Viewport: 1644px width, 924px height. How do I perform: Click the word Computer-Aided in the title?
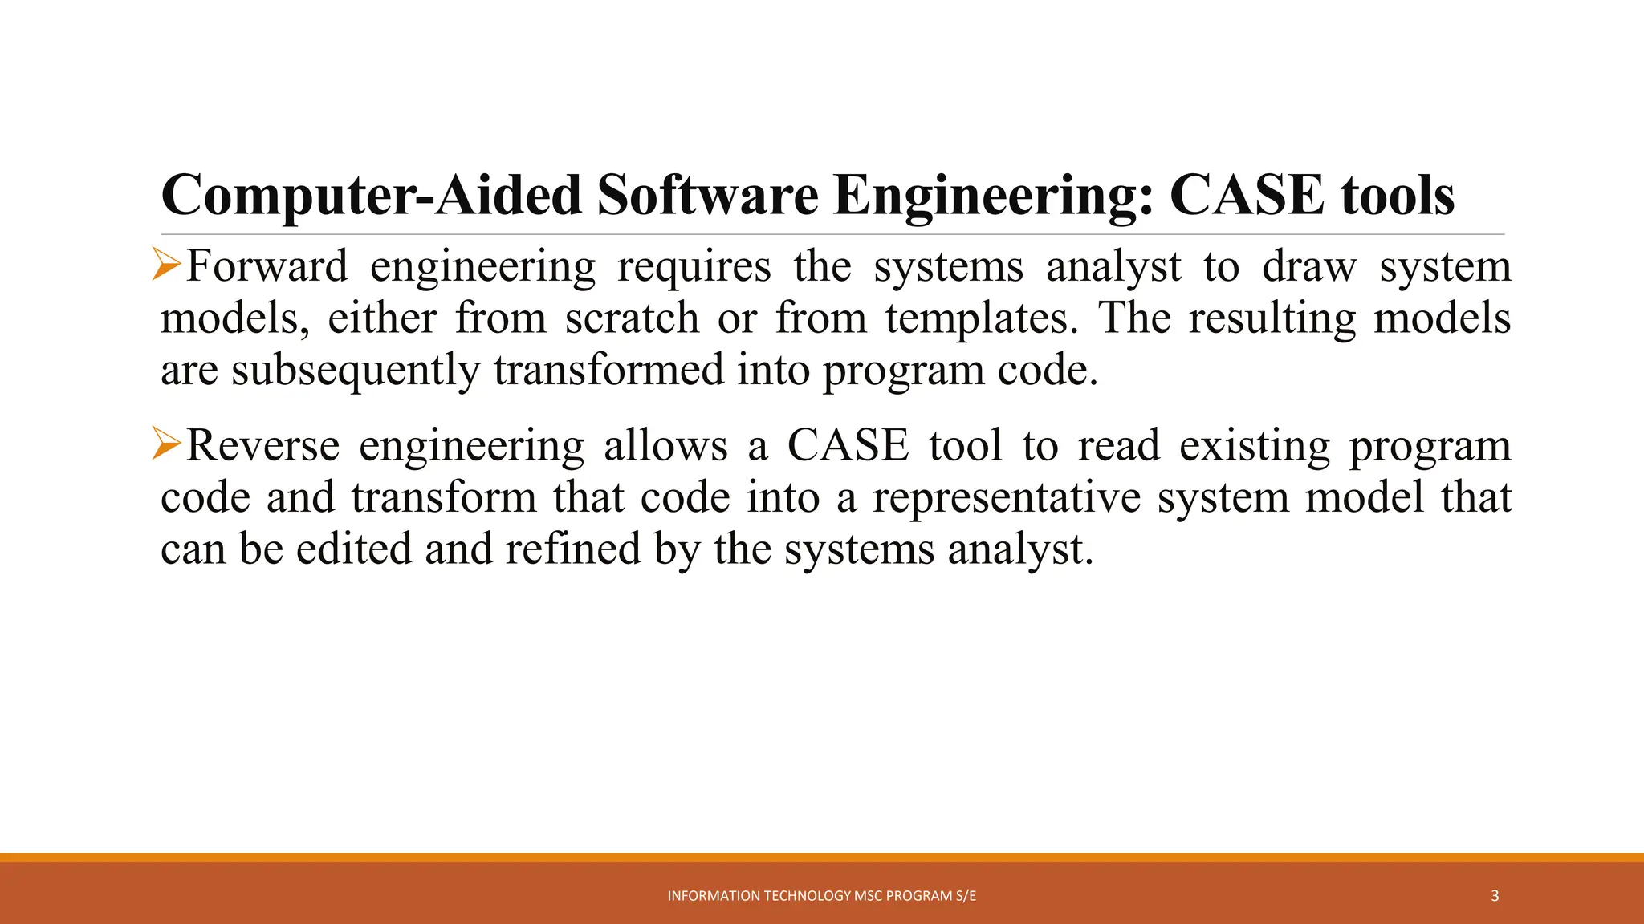(371, 197)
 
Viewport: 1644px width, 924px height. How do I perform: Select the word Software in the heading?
(707, 195)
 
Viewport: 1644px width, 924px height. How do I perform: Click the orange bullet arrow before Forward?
(167, 265)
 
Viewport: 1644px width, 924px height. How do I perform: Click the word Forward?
(267, 266)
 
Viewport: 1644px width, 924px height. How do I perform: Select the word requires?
(694, 268)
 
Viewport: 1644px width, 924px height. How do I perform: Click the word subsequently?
(356, 371)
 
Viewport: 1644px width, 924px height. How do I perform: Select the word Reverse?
(262, 445)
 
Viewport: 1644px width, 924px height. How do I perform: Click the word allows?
(665, 445)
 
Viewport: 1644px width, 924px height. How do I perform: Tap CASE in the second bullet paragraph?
(848, 445)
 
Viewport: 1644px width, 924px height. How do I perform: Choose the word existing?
(1255, 447)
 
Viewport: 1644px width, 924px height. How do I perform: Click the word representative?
(1007, 498)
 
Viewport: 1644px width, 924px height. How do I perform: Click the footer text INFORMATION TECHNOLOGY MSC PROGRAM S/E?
(822, 896)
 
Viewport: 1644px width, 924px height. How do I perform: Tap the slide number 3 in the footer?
(1495, 896)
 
